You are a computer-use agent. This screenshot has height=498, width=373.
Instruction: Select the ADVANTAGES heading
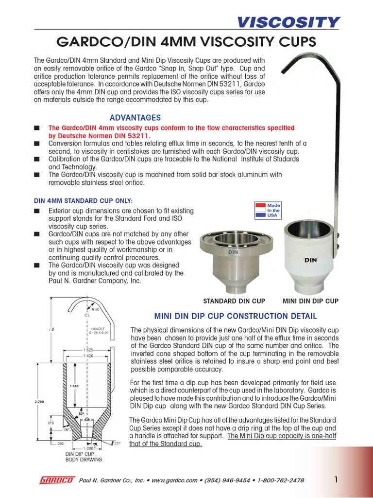point(135,118)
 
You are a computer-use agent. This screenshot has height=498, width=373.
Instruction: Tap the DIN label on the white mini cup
point(310,260)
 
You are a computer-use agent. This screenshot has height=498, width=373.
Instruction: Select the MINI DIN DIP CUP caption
point(310,301)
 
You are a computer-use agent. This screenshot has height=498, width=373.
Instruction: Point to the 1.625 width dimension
point(88,349)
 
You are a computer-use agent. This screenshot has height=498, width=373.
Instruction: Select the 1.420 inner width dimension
point(88,356)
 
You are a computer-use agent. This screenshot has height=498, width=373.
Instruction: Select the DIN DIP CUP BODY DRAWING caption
point(84,456)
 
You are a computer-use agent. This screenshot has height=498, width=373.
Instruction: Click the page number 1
point(336,480)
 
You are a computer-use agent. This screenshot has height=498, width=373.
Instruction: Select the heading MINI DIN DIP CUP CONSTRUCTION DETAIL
point(235,316)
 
